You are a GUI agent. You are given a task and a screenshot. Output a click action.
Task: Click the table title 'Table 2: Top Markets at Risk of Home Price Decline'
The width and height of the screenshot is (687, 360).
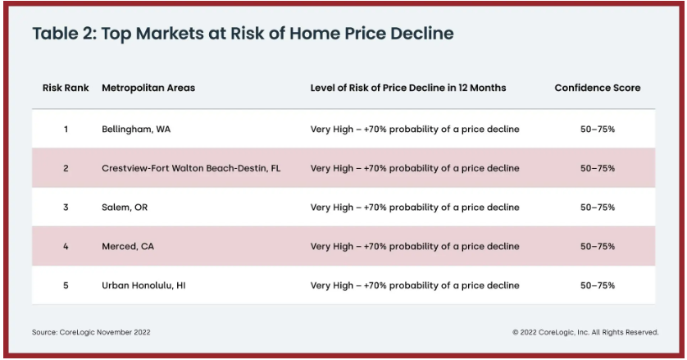tap(243, 34)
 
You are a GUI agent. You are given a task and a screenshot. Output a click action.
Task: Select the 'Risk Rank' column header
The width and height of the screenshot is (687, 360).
tap(66, 88)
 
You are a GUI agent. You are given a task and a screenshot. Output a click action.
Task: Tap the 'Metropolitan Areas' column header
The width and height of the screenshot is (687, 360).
tap(148, 88)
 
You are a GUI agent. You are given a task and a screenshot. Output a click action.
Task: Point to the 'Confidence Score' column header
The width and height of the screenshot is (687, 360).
tap(598, 88)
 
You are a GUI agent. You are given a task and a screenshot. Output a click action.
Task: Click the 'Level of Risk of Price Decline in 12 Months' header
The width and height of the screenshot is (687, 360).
tap(408, 88)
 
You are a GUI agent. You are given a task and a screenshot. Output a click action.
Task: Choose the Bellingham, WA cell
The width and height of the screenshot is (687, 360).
tap(136, 130)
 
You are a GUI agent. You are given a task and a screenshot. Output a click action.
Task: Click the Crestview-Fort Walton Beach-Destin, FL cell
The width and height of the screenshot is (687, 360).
tap(191, 168)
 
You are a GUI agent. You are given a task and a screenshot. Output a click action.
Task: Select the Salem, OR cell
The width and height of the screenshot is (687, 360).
tap(125, 207)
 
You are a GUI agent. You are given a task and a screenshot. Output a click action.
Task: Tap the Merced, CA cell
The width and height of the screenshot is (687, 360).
tap(128, 247)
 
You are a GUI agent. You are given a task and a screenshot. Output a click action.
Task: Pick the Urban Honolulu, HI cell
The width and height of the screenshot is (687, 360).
tap(143, 285)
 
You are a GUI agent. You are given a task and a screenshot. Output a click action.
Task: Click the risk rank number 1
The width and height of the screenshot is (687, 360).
tap(66, 130)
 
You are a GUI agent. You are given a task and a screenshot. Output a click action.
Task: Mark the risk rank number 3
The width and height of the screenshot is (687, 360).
tap(66, 207)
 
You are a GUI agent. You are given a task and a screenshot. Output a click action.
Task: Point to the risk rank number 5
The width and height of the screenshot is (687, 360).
tap(66, 285)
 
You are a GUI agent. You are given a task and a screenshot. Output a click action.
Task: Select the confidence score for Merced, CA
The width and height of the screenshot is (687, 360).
tap(598, 247)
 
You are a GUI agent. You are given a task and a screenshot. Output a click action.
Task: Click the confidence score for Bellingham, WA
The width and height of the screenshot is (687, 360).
tap(598, 130)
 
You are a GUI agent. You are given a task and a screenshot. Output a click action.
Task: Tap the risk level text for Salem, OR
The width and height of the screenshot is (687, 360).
tap(415, 207)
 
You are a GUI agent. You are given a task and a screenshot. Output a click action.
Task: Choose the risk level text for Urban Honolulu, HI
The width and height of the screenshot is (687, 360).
tap(415, 285)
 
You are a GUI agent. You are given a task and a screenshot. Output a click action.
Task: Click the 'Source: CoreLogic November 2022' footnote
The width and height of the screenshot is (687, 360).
tap(91, 332)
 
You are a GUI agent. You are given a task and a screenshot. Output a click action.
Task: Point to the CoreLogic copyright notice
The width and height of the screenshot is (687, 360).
tap(585, 332)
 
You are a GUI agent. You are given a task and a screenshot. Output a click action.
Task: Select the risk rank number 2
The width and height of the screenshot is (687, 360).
tap(66, 168)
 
